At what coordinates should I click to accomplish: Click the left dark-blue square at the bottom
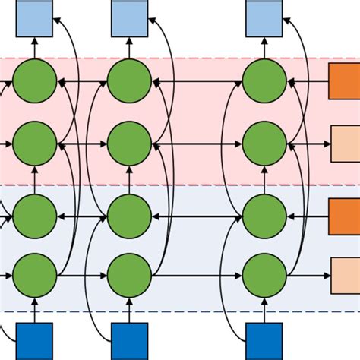click(x=35, y=341)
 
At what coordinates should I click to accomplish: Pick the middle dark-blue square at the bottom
click(x=130, y=341)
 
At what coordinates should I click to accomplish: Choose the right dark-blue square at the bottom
click(x=265, y=341)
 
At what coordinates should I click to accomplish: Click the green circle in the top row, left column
click(x=35, y=82)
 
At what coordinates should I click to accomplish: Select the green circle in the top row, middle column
click(x=130, y=82)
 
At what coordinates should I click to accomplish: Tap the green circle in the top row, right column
click(x=265, y=82)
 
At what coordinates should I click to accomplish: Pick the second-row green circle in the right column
click(x=265, y=142)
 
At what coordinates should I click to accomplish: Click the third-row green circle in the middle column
click(x=130, y=216)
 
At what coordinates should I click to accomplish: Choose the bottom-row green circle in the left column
click(x=35, y=276)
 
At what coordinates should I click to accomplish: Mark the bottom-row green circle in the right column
click(x=265, y=276)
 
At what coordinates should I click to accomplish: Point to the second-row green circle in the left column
click(x=35, y=142)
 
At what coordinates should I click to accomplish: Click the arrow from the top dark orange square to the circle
click(x=308, y=82)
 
